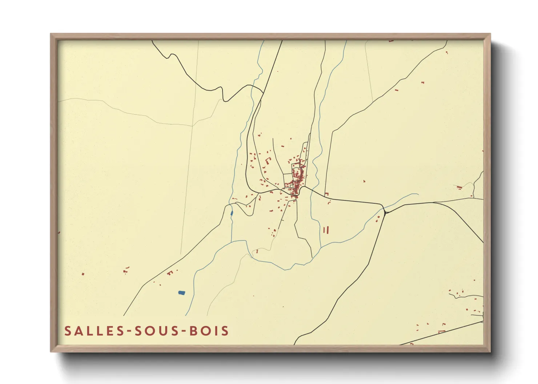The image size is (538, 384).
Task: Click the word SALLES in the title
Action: point(92,331)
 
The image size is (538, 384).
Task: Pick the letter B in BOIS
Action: point(193,331)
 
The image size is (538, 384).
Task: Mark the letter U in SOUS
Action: point(164,331)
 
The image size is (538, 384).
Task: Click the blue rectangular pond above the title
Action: point(181,293)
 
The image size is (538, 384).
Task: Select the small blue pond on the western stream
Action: point(232,213)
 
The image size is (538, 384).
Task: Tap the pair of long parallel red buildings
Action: point(326,230)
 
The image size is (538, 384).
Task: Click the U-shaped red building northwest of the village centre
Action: point(269,160)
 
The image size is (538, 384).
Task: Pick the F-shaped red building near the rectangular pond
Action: point(170,273)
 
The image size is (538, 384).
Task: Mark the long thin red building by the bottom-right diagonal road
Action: point(442,331)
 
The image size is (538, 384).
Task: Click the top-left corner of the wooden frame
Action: point(51,34)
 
